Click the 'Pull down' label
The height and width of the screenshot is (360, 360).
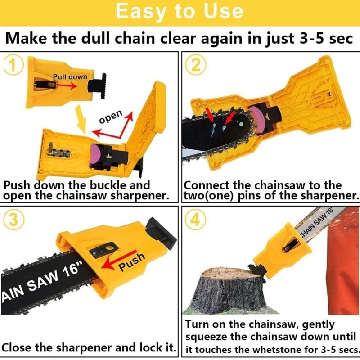tap(70, 76)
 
